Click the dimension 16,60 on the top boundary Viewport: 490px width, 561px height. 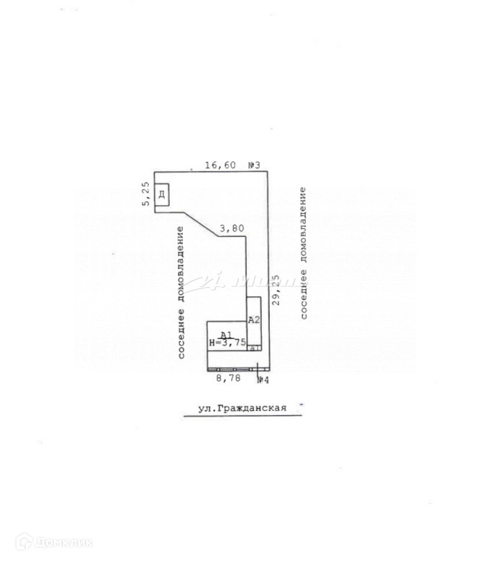[220, 165]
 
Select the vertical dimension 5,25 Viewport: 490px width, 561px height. [145, 194]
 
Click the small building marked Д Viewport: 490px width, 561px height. [163, 196]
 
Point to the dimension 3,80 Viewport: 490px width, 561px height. [232, 229]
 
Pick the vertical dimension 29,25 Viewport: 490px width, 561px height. [276, 288]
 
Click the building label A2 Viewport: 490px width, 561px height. [253, 319]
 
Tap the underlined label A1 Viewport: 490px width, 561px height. [225, 334]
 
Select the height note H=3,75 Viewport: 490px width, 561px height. [227, 343]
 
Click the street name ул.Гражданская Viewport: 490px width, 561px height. [242, 408]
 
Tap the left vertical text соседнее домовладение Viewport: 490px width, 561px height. [181, 293]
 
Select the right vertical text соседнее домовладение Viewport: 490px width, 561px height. [304, 253]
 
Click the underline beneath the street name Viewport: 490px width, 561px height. [242, 416]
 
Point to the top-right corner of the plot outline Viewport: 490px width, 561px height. [268, 171]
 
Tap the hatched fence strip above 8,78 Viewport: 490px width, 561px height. [234, 368]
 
